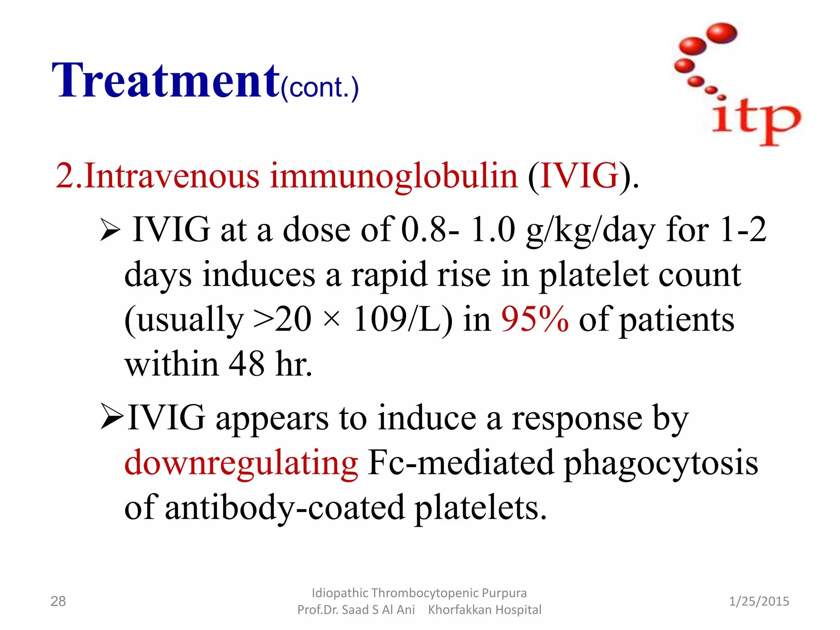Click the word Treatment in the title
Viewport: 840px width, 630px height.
(166, 81)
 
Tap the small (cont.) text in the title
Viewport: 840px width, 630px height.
(320, 87)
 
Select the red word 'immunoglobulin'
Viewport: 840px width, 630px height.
(394, 176)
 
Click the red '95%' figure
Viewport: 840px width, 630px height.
(535, 320)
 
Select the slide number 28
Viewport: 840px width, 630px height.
(58, 601)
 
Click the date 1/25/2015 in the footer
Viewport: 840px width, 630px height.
(759, 601)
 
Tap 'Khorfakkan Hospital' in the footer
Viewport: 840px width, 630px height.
(484, 610)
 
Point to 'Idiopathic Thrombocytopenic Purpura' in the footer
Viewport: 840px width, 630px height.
(419, 593)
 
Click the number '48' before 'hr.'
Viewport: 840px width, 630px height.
(247, 364)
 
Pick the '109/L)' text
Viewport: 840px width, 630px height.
(403, 320)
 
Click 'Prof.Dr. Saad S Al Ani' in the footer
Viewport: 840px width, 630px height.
(356, 610)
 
